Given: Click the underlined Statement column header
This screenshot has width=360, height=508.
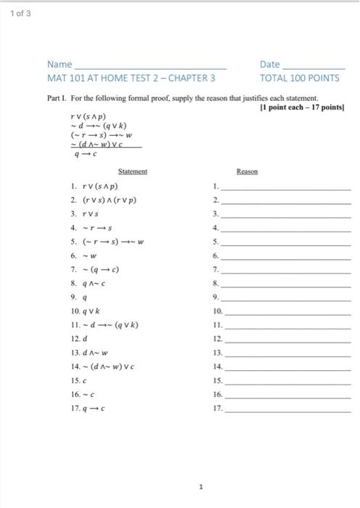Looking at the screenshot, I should pyautogui.click(x=133, y=171).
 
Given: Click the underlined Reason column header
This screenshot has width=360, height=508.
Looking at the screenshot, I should pyautogui.click(x=247, y=171).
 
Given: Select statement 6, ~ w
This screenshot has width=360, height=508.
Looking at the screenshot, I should pyautogui.click(x=83, y=255).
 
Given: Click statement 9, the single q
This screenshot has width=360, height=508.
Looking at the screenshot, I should pyautogui.click(x=79, y=297).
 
